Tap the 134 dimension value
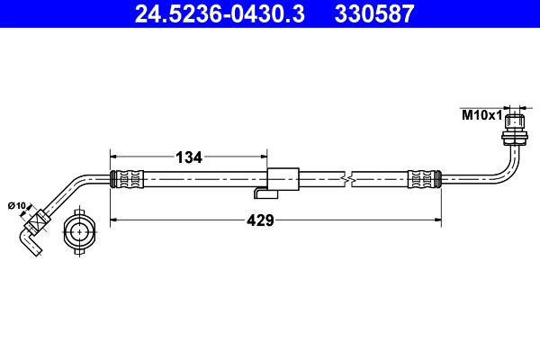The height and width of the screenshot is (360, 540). point(188,157)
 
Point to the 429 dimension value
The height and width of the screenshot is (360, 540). point(261,219)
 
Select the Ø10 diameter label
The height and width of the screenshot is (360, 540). point(17,207)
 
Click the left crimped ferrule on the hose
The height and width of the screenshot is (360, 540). point(126,179)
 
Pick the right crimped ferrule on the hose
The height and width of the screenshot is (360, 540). point(424,179)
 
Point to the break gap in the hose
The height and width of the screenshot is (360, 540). point(350,179)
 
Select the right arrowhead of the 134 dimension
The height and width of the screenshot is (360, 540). point(266,157)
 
